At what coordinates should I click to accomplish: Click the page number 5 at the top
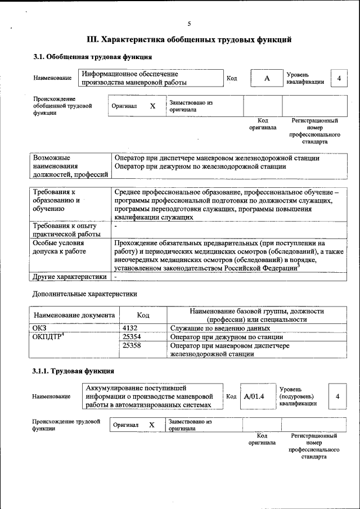(189, 24)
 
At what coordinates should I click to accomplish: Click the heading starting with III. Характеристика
(189, 40)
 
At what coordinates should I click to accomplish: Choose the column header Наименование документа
(74, 316)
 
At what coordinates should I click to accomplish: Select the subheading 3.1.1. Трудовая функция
(74, 371)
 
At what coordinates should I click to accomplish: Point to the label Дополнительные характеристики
(84, 294)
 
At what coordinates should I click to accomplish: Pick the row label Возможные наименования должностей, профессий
(70, 166)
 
